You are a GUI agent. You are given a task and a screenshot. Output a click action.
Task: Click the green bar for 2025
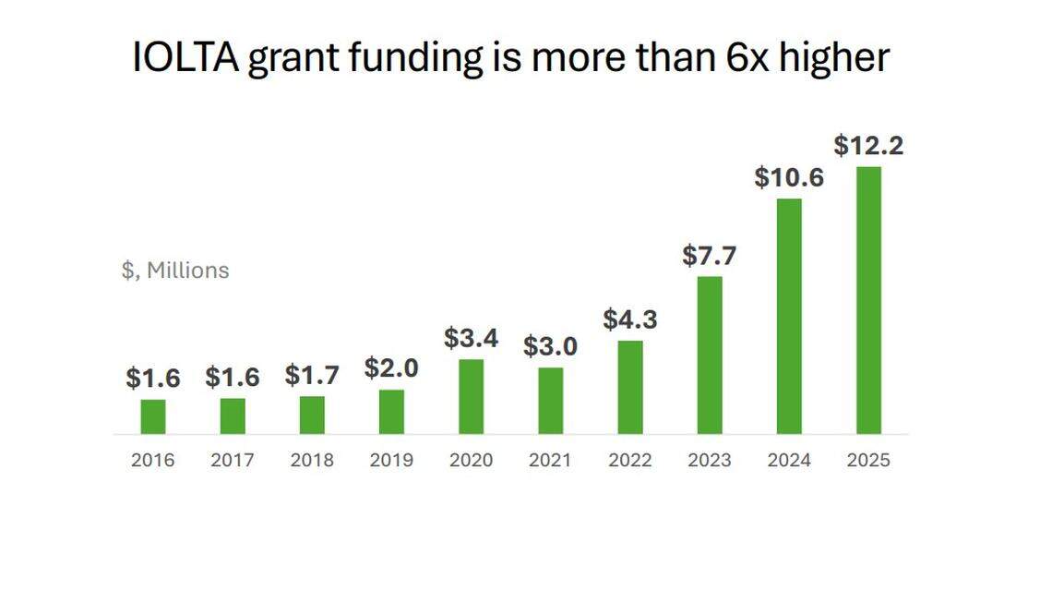868,300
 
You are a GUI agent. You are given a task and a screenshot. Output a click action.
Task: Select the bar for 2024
789,316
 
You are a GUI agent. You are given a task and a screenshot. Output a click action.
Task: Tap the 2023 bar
710,355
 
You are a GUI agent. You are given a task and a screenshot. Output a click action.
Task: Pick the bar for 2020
471,396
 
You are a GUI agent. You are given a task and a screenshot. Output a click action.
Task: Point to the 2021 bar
550,401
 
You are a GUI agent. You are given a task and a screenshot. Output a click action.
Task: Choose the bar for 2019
391,412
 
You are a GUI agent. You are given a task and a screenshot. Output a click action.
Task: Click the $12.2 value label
868,146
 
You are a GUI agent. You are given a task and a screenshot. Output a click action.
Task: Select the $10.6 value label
789,177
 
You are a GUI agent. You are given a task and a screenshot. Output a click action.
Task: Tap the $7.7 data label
710,256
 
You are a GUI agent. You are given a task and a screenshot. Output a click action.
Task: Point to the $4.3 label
630,319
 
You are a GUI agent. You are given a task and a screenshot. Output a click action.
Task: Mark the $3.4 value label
471,338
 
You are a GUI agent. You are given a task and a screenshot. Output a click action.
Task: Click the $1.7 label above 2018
312,376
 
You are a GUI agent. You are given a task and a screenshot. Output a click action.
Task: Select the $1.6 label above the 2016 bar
153,378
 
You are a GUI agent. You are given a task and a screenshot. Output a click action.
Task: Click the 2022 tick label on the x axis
630,460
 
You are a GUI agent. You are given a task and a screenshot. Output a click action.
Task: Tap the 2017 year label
233,460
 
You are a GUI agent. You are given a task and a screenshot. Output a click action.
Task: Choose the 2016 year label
153,460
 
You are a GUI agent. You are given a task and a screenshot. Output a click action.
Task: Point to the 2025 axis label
868,460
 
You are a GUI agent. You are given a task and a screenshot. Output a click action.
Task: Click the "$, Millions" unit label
175,271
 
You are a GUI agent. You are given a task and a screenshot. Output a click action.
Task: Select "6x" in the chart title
742,57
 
